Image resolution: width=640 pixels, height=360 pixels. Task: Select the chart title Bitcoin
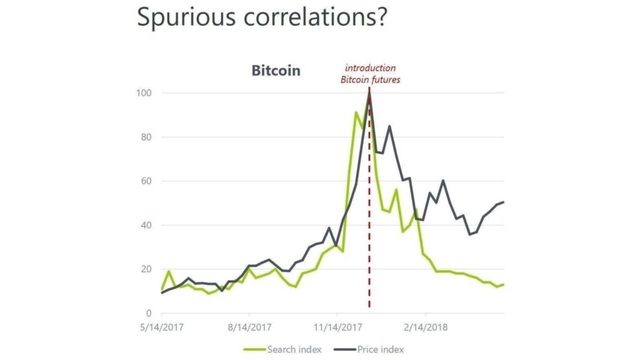pyautogui.click(x=276, y=70)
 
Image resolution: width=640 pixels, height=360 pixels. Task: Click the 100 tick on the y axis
pyautogui.click(x=145, y=93)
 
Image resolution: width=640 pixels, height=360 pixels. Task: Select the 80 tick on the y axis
pyautogui.click(x=147, y=137)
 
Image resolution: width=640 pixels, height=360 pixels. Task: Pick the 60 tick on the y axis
pyautogui.click(x=147, y=181)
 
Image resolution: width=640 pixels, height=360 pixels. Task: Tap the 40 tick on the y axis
pyautogui.click(x=147, y=225)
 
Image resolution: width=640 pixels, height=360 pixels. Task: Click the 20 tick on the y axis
pyautogui.click(x=147, y=269)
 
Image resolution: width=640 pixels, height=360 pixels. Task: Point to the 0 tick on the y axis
pyautogui.click(x=149, y=313)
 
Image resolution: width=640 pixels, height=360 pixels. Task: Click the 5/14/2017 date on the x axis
pyautogui.click(x=162, y=327)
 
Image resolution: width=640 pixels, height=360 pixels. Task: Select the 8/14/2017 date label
pyautogui.click(x=249, y=327)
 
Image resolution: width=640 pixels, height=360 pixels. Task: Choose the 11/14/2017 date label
pyautogui.click(x=337, y=327)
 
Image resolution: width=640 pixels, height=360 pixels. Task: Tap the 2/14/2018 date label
pyautogui.click(x=426, y=327)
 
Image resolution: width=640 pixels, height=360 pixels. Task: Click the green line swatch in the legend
pyautogui.click(x=253, y=349)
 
